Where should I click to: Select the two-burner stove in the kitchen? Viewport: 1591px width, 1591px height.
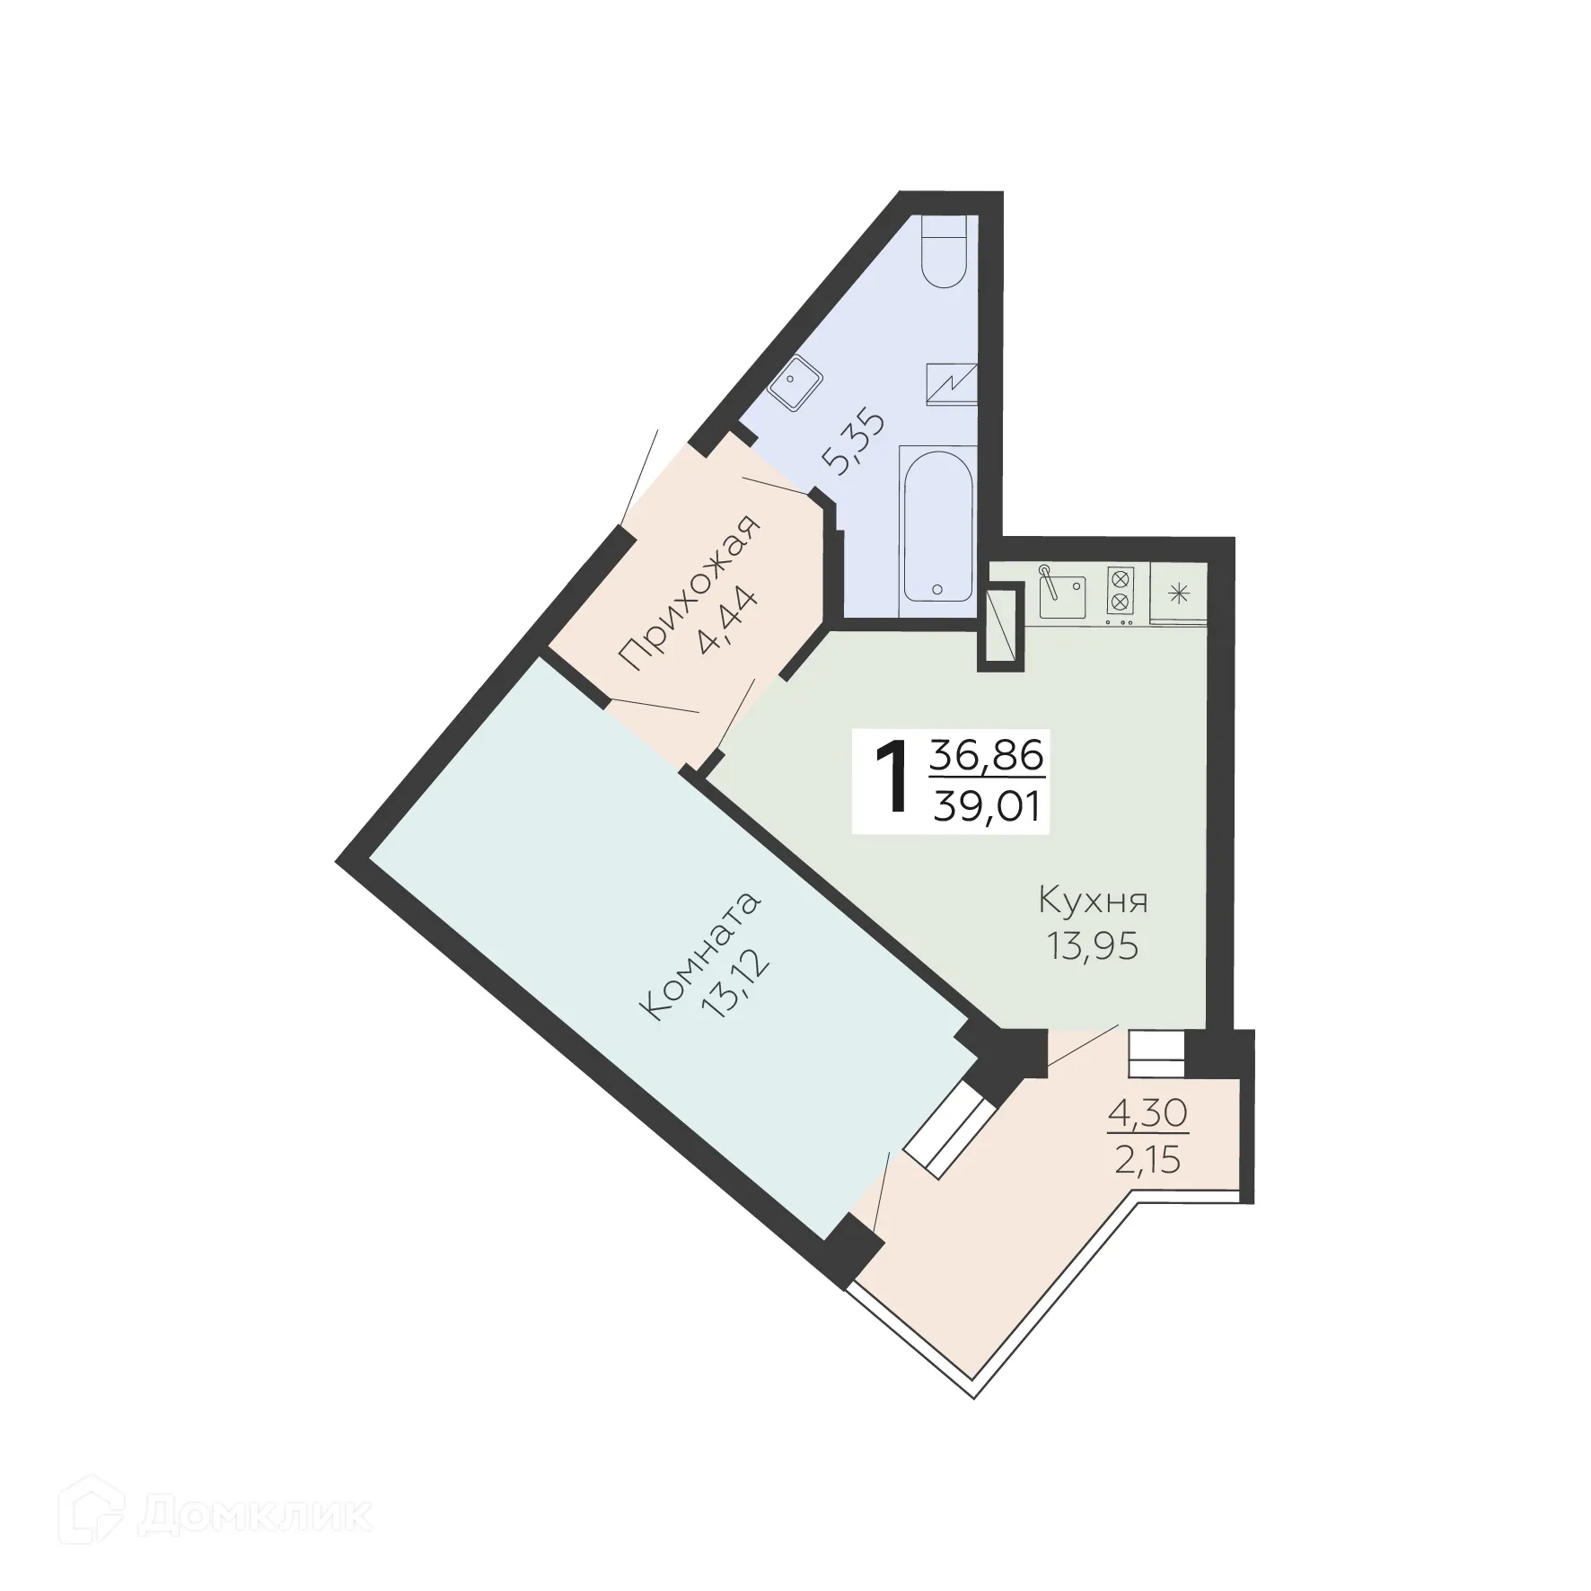(x=1120, y=593)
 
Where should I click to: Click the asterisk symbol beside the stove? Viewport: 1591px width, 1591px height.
(x=1180, y=593)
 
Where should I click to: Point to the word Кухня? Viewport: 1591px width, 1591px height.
(x=1093, y=901)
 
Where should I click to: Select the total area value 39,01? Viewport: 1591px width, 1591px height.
(x=987, y=807)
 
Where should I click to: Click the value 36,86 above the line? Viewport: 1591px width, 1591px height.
(x=987, y=756)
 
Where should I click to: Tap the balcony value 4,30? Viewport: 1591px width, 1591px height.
(x=1147, y=1114)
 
